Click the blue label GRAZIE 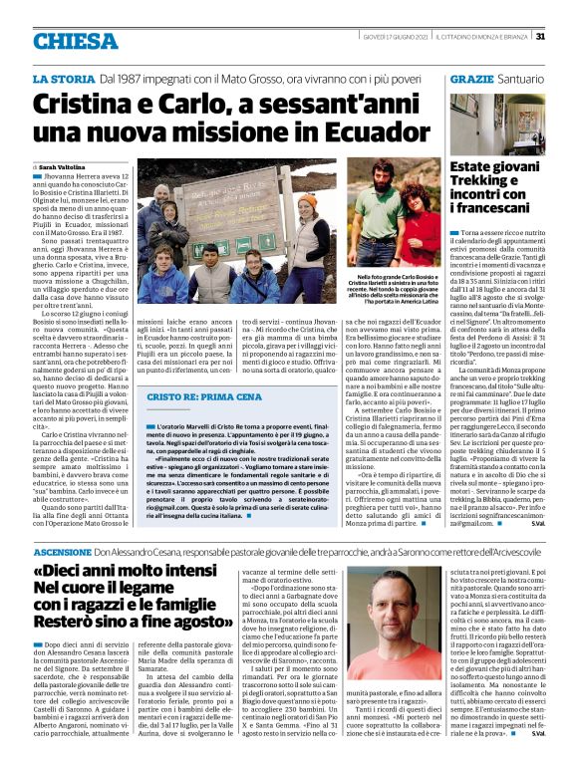[x=472, y=78]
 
